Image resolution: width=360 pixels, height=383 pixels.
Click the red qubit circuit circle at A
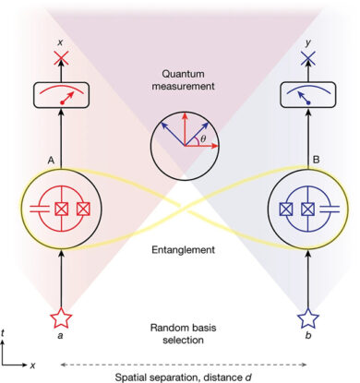point(60,205)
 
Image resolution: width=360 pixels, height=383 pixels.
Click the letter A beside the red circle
point(41,160)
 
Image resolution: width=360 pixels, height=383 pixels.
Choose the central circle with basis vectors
point(181,143)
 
